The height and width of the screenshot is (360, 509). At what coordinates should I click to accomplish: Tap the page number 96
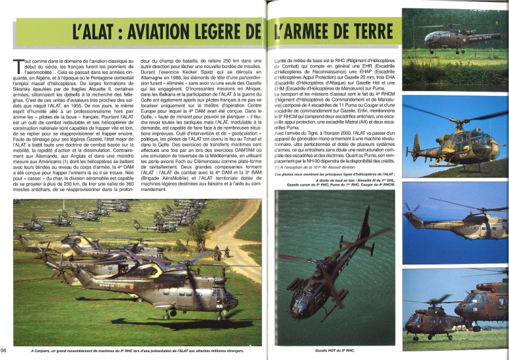click(x=5, y=350)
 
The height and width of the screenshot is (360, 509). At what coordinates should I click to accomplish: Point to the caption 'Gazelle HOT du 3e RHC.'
click(x=335, y=350)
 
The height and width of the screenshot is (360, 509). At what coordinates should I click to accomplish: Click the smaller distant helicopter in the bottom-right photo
click(x=429, y=321)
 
